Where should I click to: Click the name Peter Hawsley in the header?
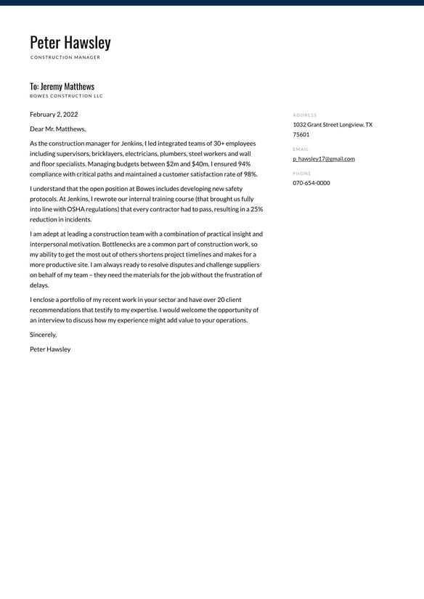(x=70, y=43)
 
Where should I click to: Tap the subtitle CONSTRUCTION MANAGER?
(x=65, y=57)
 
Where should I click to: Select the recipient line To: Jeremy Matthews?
(x=62, y=86)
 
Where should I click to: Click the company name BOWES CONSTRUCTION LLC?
(x=66, y=96)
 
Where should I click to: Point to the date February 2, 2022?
(x=54, y=114)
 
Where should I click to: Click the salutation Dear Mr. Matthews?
(x=57, y=129)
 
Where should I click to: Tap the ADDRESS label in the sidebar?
(x=305, y=115)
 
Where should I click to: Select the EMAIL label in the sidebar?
(x=301, y=149)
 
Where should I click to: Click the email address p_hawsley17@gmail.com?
(x=324, y=158)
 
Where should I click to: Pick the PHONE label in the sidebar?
(x=302, y=174)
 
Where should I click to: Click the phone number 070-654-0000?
(x=311, y=183)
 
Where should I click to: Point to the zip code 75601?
(x=301, y=134)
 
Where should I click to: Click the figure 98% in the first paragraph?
(x=250, y=174)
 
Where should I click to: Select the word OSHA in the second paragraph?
(x=76, y=209)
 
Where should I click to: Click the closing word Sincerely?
(x=43, y=335)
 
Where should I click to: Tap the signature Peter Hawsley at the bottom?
(x=50, y=349)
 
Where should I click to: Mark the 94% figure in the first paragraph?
(x=243, y=164)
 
